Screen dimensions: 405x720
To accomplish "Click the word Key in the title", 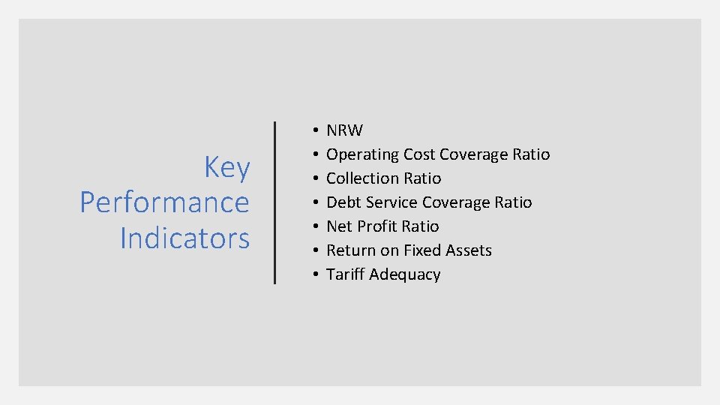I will point(226,168).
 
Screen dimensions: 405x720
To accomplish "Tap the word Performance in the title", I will point(164,202).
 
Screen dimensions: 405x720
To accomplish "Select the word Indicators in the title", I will point(184,238).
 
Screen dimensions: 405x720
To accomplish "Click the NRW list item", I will point(344,130).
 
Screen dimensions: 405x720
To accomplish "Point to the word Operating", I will point(362,154).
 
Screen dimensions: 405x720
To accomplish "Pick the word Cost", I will point(419,154).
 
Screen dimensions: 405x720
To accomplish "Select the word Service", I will point(392,202).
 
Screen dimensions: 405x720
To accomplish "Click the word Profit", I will point(379,226).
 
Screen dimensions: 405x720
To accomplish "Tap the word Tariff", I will point(345,274).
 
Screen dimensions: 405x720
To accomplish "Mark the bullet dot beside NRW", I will point(310,131).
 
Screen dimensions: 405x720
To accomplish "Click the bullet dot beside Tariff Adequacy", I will point(310,275).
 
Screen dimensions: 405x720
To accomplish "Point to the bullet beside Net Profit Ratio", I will point(310,227).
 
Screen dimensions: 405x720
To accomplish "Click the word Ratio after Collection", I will point(424,178).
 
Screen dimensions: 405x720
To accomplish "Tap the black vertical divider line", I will point(275,202).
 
